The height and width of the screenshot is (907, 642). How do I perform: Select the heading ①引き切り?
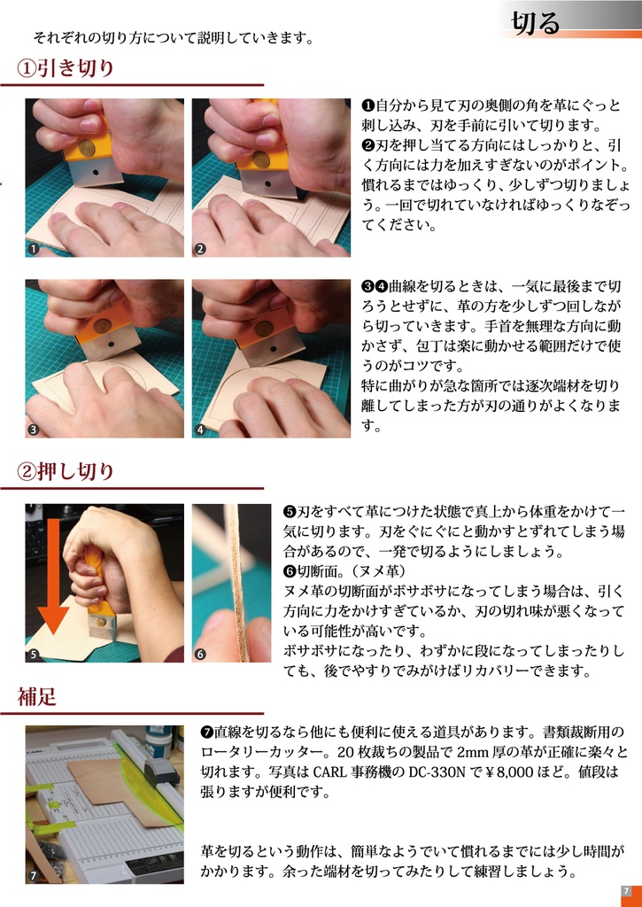point(66,68)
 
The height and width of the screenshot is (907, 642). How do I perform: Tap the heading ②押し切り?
point(66,471)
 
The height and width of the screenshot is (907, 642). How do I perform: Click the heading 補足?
point(37,697)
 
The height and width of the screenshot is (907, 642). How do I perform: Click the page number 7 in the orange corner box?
point(626,891)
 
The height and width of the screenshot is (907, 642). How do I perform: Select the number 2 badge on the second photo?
point(200,249)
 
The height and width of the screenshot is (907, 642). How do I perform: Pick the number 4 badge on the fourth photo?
point(200,430)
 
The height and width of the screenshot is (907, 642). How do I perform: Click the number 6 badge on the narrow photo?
point(200,655)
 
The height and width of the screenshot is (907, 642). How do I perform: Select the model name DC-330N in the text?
point(431,771)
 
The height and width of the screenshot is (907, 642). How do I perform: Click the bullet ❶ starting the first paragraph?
point(368,105)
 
